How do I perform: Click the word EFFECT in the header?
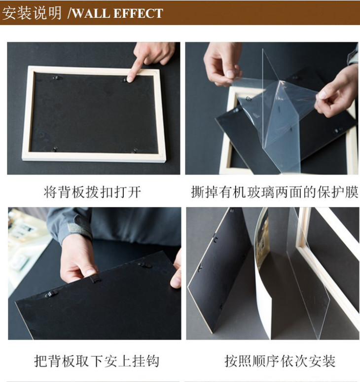[x=138, y=13]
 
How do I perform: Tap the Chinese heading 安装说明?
[x=32, y=13]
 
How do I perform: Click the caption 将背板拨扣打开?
[x=93, y=192]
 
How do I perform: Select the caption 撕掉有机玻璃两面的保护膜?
[x=274, y=192]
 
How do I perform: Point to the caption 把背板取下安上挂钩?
[x=97, y=361]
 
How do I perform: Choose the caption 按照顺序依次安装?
[x=280, y=361]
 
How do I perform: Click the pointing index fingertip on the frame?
[x=130, y=79]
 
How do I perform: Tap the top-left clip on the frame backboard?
[x=57, y=77]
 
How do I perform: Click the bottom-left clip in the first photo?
[x=55, y=149]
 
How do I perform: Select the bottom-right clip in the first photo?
[x=135, y=151]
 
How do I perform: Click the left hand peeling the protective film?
[x=222, y=64]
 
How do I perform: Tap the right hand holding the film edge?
[x=336, y=94]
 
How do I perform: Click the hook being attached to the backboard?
[x=96, y=278]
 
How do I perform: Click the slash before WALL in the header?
[x=70, y=13]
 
